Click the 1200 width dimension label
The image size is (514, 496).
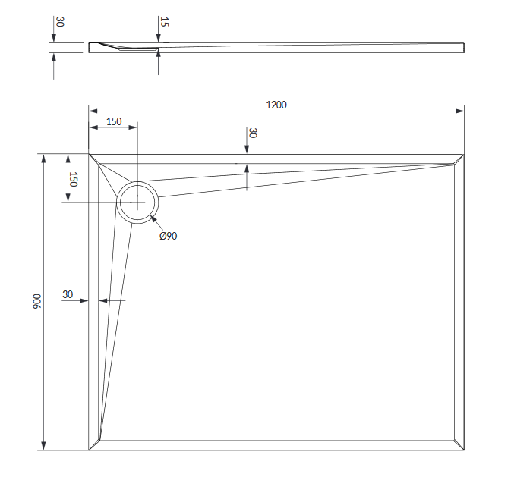tap(276, 105)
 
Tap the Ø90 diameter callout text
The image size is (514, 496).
tap(168, 236)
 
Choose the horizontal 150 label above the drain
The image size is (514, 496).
tap(114, 121)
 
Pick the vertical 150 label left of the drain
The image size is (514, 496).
tap(74, 179)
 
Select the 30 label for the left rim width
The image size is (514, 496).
tap(68, 294)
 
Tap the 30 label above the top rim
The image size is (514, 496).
tap(253, 133)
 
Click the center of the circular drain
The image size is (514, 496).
tap(137, 202)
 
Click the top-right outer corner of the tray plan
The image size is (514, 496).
tap(464, 154)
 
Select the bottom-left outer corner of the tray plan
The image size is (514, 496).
tap(89, 450)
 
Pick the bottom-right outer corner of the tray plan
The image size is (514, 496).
tap(464, 450)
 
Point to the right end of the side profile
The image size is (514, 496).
tap(463, 48)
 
